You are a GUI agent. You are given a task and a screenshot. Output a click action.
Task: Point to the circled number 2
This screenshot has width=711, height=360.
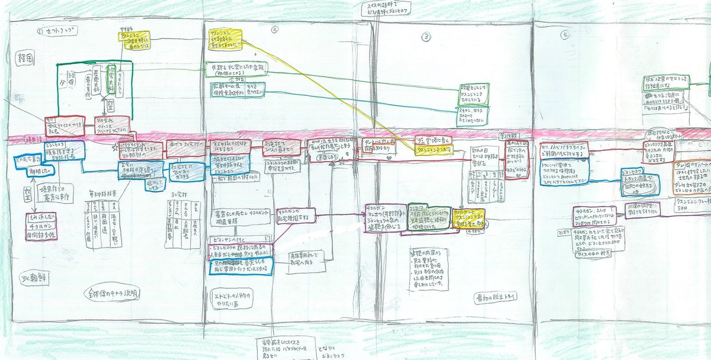[x=274, y=29]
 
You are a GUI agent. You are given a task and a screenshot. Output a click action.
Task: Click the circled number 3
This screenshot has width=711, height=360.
[x=426, y=37]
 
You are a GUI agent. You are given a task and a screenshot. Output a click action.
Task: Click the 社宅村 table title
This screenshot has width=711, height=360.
[x=175, y=192]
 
